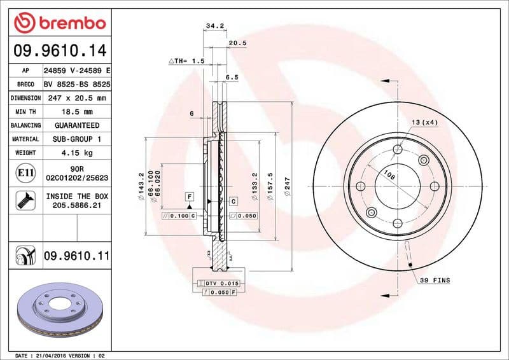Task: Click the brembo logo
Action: (x=59, y=23)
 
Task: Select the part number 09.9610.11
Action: (x=76, y=256)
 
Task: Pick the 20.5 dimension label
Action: (x=237, y=43)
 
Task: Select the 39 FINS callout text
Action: (x=434, y=280)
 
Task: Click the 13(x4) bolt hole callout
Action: (x=424, y=121)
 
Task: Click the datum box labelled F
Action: (x=189, y=196)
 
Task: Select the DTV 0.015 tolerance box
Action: (x=220, y=282)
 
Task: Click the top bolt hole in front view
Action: (x=398, y=149)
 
